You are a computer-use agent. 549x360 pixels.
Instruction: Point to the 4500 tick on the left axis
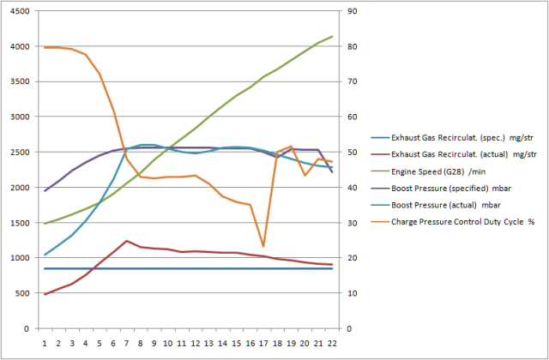[20, 11]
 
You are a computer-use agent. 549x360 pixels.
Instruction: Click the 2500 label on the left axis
[20, 152]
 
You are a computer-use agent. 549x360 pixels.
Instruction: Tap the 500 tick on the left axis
[22, 293]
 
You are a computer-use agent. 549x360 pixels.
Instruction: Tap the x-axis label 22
[332, 343]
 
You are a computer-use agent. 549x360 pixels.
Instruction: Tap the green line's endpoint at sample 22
[332, 37]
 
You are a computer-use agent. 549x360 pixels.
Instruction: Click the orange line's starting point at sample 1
[45, 47]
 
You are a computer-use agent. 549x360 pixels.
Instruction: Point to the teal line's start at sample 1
[45, 255]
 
